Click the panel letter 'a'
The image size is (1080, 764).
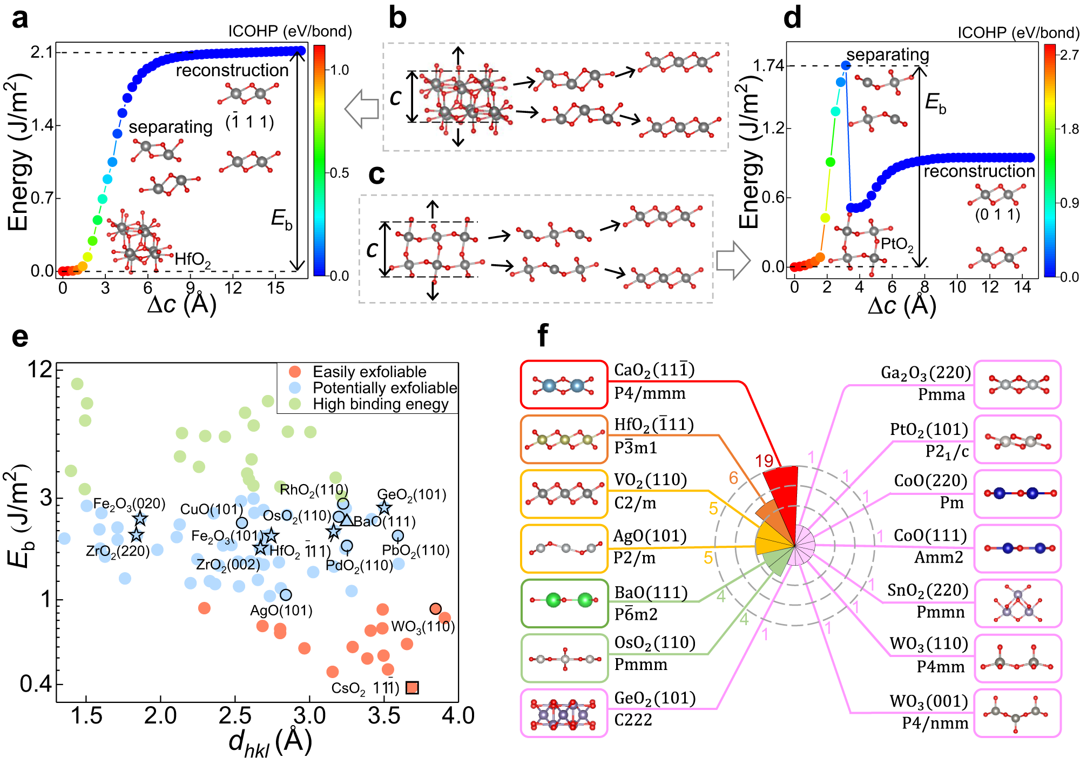[x=20, y=19]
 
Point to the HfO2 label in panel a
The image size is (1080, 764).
[x=193, y=259]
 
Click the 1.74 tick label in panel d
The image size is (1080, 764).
[x=768, y=66]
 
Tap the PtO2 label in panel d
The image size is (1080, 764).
[x=897, y=244]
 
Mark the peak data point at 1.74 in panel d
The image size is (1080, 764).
[x=846, y=65]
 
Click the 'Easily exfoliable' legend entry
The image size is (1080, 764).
[x=369, y=372]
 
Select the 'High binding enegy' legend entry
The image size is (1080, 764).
[x=380, y=404]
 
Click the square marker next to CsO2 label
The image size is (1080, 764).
[x=412, y=687]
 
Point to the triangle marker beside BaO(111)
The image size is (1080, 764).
[x=346, y=520]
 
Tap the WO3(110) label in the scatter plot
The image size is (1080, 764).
[x=423, y=627]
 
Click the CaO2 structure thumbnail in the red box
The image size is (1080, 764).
[x=564, y=385]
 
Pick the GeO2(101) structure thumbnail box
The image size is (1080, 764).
[x=564, y=713]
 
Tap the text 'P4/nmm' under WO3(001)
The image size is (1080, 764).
[x=935, y=723]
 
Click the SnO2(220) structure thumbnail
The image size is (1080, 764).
[x=1017, y=603]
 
